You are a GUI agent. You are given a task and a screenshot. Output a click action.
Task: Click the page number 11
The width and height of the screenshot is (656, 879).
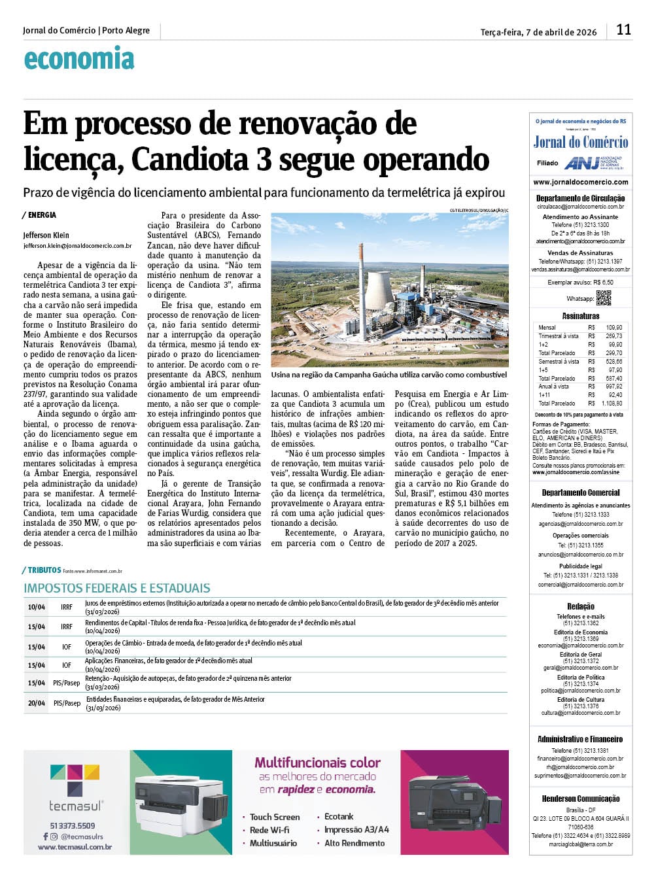623,29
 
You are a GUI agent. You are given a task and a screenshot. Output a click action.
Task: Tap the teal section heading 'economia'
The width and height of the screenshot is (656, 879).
78,59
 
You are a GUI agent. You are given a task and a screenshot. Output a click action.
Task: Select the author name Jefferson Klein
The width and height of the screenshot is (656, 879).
46,235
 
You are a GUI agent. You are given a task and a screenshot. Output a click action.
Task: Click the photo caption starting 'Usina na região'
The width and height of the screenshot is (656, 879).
388,375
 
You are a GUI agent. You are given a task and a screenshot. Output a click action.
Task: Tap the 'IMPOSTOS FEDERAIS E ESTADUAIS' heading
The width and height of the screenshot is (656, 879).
117,588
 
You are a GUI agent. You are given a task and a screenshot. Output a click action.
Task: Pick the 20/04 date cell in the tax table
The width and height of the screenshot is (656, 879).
36,703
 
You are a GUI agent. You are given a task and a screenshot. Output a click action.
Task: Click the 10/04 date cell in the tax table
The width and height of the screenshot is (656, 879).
36,607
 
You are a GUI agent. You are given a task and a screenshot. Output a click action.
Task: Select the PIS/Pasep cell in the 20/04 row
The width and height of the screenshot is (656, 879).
67,703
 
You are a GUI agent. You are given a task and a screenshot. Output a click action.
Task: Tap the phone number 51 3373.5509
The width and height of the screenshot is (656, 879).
73,825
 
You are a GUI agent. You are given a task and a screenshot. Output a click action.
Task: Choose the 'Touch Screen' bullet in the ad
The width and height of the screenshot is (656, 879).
275,817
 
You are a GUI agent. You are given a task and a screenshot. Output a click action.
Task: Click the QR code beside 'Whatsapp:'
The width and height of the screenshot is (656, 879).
603,298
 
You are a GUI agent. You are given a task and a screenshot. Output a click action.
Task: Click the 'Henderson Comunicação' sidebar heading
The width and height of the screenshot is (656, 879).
581,799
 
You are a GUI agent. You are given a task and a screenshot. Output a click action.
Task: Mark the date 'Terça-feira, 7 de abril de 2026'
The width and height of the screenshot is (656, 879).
538,32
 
